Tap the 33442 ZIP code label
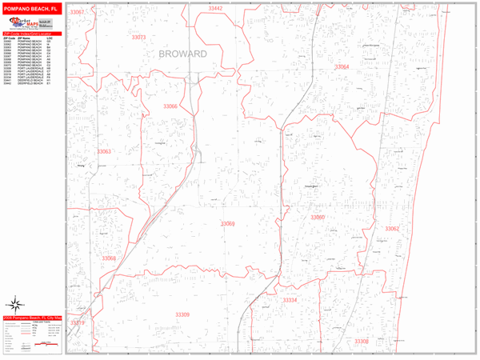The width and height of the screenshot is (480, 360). (x=215, y=8)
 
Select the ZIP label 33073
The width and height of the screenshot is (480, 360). (x=138, y=38)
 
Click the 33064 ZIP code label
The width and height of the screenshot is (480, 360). (x=342, y=67)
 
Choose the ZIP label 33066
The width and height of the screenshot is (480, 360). (x=170, y=106)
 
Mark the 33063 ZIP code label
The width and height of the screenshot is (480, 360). (x=104, y=151)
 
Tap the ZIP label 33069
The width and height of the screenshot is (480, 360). (x=228, y=224)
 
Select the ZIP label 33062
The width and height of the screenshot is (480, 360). (x=391, y=229)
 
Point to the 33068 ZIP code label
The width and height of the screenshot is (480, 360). (x=109, y=258)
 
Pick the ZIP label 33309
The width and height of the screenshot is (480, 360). (x=181, y=315)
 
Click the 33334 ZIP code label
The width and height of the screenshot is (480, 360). (x=290, y=300)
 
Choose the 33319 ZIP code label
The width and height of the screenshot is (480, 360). (x=78, y=322)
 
